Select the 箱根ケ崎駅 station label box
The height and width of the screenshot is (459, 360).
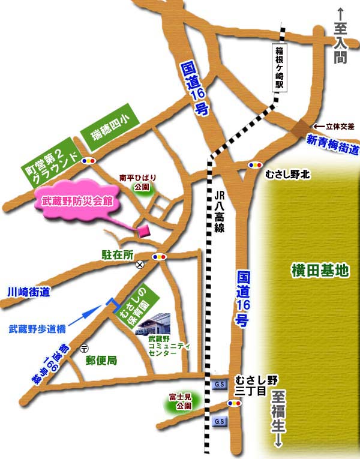pyautogui.click(x=278, y=67)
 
